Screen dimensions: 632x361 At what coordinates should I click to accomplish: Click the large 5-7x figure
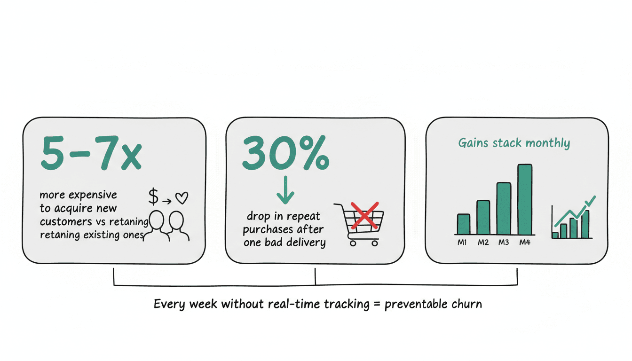[91, 153]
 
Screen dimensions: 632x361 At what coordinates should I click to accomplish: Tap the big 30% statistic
[285, 153]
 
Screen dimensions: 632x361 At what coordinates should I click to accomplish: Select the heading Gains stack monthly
[514, 143]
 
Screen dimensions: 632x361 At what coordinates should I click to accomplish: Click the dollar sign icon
[153, 196]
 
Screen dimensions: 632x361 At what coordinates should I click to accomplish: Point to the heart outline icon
[182, 198]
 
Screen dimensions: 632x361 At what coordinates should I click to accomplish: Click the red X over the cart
[364, 215]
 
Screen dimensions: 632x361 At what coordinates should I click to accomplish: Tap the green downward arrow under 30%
[285, 190]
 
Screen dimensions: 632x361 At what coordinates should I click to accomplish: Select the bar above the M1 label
[464, 224]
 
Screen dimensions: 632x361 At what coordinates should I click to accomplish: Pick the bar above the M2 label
[483, 217]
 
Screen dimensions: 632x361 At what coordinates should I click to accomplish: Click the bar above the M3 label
[504, 208]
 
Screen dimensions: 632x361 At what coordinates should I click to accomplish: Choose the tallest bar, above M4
[525, 199]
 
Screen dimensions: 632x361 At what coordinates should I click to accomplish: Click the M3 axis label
[504, 242]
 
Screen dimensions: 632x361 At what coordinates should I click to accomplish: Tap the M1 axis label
[462, 242]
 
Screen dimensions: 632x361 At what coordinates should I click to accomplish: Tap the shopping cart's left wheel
[353, 243]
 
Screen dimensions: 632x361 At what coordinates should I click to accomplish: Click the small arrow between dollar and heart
[167, 201]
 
